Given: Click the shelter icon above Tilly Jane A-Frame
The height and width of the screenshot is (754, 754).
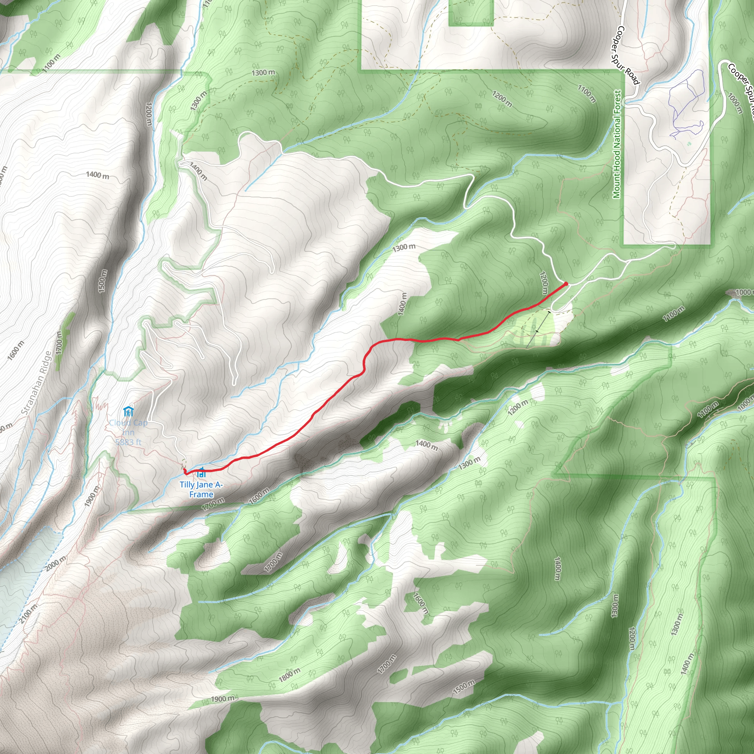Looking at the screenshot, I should tap(201, 473).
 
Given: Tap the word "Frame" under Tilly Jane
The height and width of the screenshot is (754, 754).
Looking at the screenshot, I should tap(201, 494).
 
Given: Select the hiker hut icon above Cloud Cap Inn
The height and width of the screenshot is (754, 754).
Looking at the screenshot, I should tap(128, 411).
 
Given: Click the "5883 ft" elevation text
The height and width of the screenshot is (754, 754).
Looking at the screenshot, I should tap(128, 442).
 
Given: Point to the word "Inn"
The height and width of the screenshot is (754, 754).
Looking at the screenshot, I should tap(128, 433).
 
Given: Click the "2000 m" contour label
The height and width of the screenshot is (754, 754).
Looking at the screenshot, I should tap(56, 564).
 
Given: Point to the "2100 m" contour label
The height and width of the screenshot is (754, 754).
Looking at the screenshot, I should tap(28, 614).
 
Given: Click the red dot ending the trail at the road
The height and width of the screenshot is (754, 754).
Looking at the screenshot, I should tap(566, 284).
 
